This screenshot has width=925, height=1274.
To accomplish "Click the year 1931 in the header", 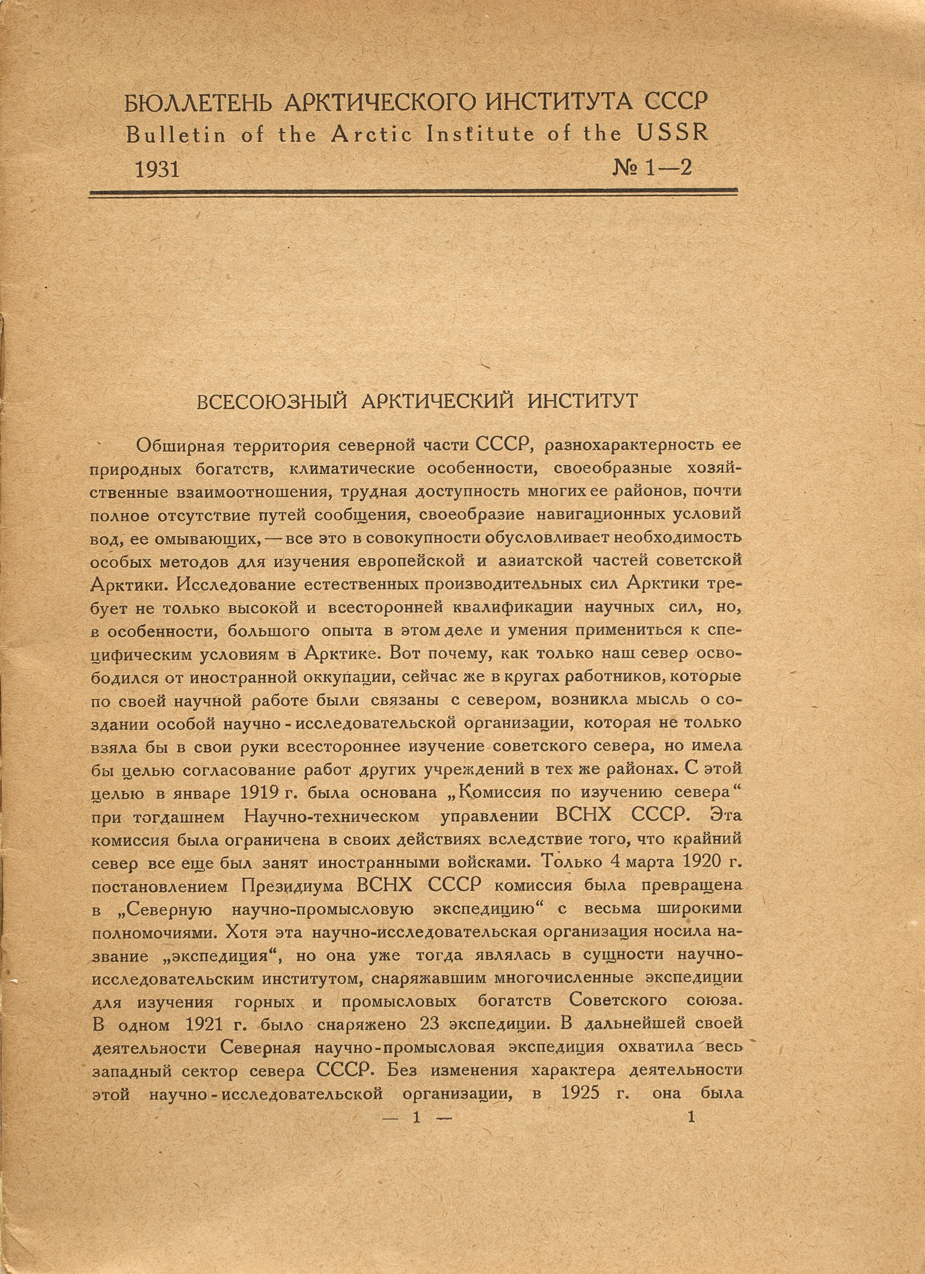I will coord(157,169).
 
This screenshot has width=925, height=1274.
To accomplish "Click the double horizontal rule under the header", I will coord(413,192).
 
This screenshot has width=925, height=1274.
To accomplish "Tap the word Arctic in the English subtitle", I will coord(370,135).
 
